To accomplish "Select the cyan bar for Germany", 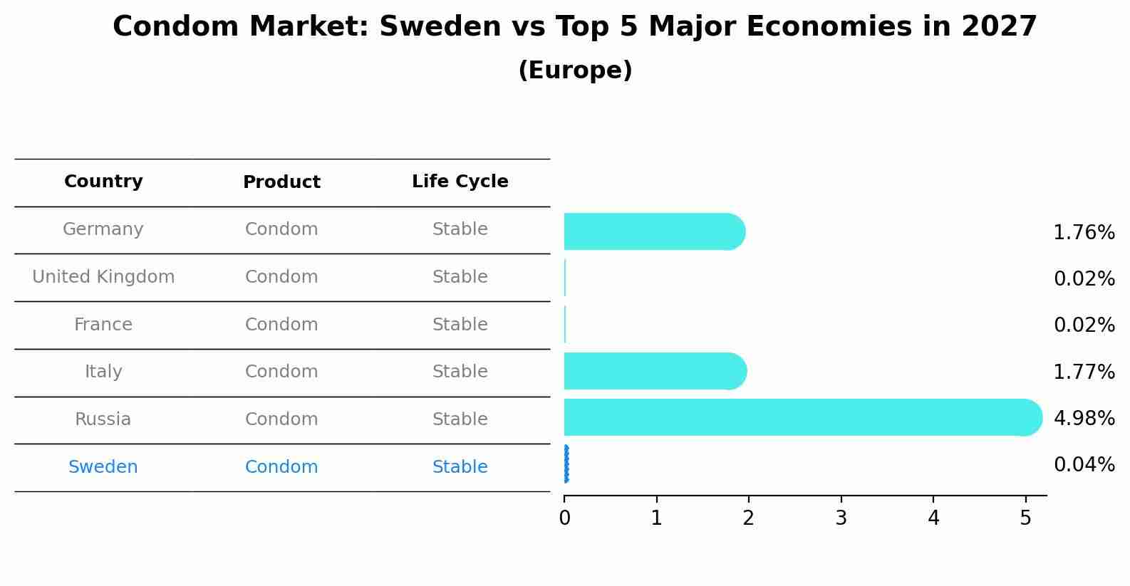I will [652, 231].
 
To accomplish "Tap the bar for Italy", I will [652, 371].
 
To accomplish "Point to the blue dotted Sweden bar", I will [566, 464].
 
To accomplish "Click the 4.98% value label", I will [1084, 418].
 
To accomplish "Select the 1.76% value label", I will [1084, 233].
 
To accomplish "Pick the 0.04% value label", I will [1084, 465].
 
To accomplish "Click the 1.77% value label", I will [1084, 372].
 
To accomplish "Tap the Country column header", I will [103, 182].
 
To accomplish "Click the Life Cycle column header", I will [460, 182].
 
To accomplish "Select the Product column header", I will [281, 182].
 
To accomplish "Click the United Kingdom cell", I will [103, 277].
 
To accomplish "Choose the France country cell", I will [103, 325].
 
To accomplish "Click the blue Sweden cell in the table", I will [103, 467].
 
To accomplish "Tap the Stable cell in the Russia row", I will [460, 419].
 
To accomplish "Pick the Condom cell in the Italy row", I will [281, 372].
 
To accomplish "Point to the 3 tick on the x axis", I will [841, 518].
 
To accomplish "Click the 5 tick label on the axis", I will [1025, 518].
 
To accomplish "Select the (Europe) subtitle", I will [575, 70].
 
